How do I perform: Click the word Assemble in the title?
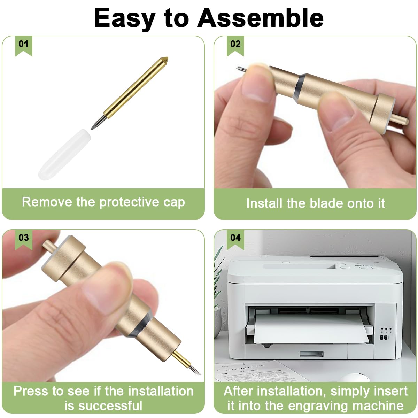261,18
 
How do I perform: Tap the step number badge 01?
23,44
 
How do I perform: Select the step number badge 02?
235,44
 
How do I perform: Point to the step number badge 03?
23,238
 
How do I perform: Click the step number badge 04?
235,238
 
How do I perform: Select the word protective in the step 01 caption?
129,202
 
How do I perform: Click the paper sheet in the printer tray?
310,329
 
